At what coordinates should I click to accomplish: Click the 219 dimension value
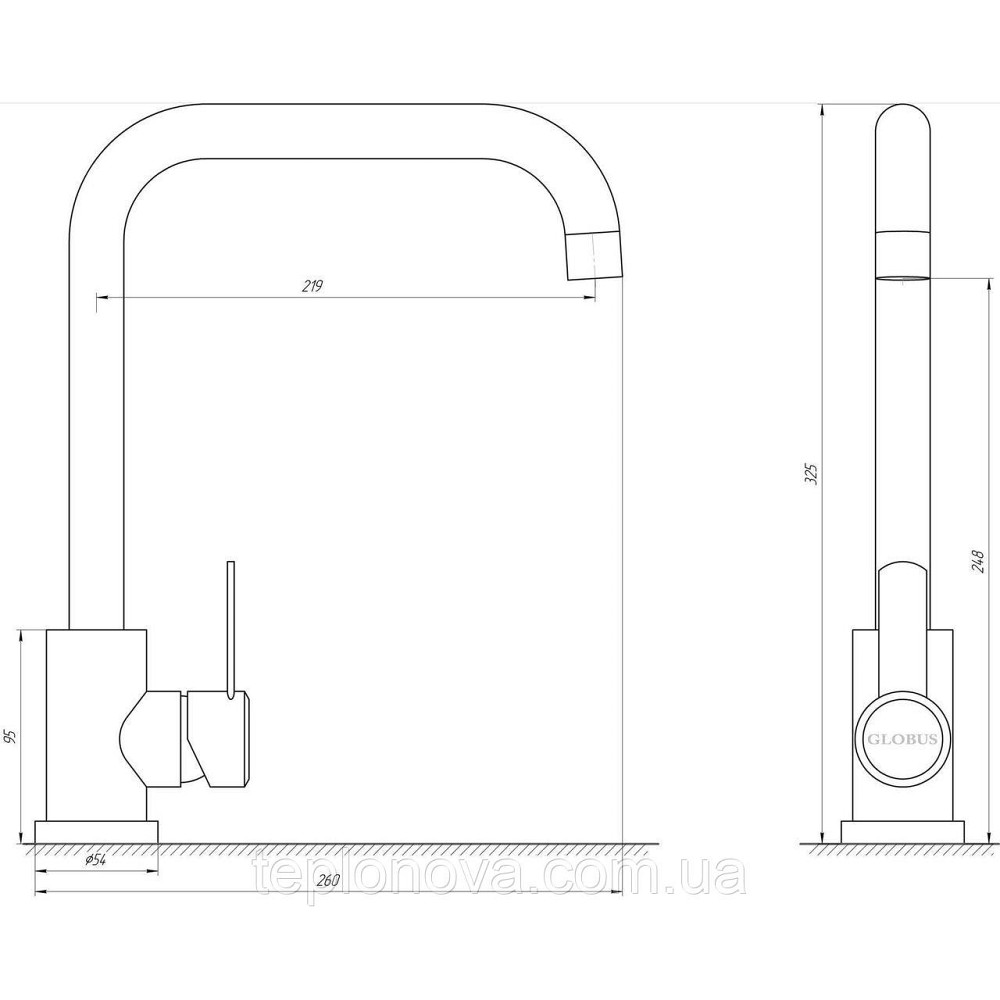(312, 286)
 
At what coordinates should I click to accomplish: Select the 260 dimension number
(327, 881)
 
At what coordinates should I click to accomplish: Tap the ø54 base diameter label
(94, 860)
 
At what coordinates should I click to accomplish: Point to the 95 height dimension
(9, 737)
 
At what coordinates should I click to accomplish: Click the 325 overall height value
(811, 474)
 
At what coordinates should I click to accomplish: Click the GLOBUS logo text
(901, 740)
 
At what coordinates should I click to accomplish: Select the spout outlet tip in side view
(593, 256)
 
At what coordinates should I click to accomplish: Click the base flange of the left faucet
(96, 832)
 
